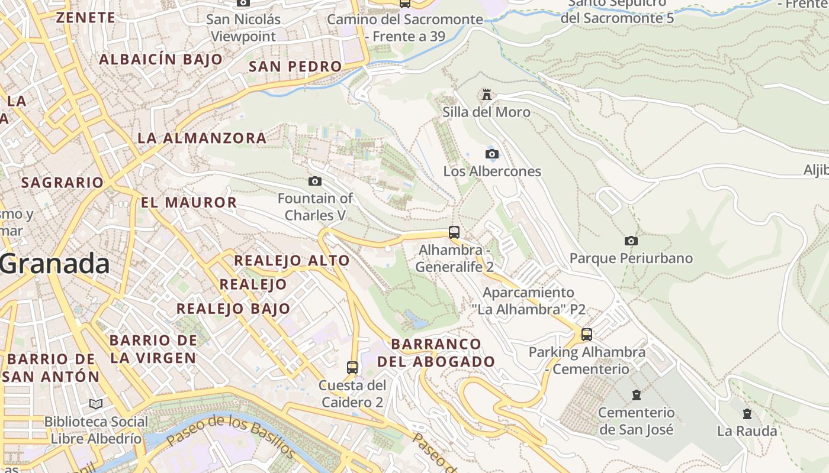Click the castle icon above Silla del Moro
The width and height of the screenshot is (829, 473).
click(x=487, y=95)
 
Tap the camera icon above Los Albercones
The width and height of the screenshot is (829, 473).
click(x=491, y=154)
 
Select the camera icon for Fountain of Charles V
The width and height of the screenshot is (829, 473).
click(x=315, y=181)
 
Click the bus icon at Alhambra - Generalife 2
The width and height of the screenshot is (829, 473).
click(x=454, y=232)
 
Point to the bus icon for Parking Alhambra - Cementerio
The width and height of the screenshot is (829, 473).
click(x=587, y=335)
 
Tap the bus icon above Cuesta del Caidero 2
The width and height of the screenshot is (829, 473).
click(x=352, y=368)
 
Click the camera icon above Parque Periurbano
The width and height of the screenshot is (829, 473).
click(x=631, y=241)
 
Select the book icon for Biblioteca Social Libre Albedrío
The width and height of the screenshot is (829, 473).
click(x=96, y=404)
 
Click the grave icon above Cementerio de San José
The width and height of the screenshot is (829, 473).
click(x=637, y=395)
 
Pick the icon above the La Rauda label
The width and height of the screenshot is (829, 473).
click(x=747, y=414)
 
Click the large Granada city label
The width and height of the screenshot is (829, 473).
click(x=54, y=264)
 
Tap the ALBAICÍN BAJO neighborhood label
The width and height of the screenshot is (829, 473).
click(x=160, y=59)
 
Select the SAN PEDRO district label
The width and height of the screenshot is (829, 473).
click(x=295, y=66)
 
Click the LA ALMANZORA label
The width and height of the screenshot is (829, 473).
click(x=202, y=138)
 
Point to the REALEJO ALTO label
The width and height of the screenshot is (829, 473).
click(x=292, y=260)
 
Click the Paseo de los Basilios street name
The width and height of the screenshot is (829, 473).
click(x=231, y=436)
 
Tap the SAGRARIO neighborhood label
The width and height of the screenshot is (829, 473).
click(x=63, y=183)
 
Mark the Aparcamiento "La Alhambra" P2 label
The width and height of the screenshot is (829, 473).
click(x=528, y=300)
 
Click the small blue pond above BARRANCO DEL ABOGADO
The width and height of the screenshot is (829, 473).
click(x=416, y=320)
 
